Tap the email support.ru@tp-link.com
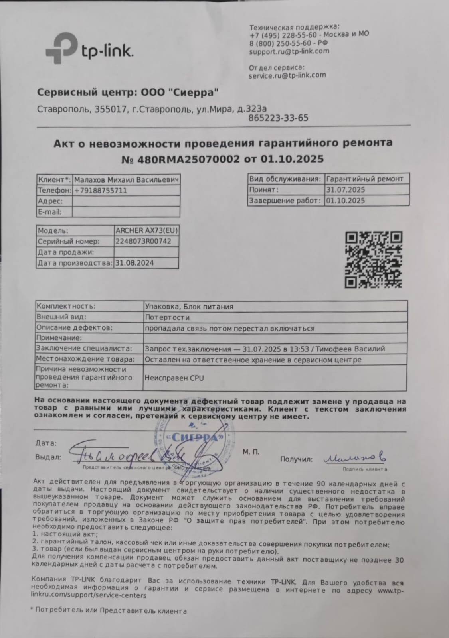pos(289,51)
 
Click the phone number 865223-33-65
pos(278,118)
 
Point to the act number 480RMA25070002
pos(189,159)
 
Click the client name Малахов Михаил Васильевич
pos(126,180)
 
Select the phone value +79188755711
pos(101,191)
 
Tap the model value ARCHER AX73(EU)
pos(146,230)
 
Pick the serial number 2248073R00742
pos(140,241)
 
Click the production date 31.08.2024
pos(135,263)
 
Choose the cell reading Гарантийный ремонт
pos(365,179)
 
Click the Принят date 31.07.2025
pos(346,190)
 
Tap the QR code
pos(373,260)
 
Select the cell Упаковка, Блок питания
pos(189,307)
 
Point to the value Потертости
pos(168,317)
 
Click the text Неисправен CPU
pos(174,378)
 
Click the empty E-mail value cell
pos(126,212)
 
